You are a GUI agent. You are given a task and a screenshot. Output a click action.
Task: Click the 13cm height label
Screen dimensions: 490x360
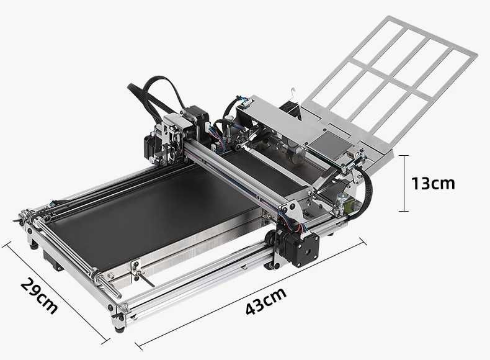(x=433, y=183)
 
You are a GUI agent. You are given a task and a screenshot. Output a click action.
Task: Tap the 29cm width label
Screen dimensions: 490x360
(x=39, y=295)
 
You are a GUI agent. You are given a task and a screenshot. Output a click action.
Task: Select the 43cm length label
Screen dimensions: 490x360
(x=265, y=301)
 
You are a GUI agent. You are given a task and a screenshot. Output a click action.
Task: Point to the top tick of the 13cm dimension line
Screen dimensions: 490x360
(x=404, y=156)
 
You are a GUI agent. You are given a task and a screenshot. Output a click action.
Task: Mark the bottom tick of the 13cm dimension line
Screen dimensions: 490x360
(x=404, y=211)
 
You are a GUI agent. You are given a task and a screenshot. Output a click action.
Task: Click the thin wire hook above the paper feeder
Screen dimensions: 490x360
(x=295, y=101)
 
